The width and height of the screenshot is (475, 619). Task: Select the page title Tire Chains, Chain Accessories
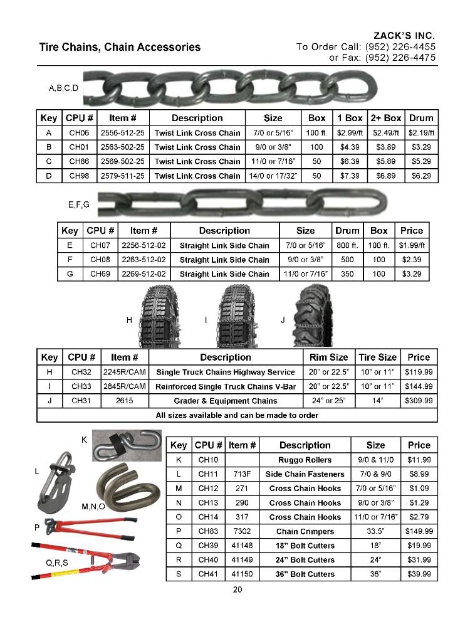coord(120,47)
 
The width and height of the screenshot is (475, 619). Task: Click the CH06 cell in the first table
coord(79,133)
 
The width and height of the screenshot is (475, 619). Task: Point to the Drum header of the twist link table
coord(421,118)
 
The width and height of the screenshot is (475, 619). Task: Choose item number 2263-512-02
coord(144,260)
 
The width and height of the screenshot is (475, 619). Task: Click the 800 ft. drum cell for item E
coord(347,245)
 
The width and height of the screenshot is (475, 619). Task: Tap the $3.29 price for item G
coord(412,274)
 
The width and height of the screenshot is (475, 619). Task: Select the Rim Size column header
coord(329,357)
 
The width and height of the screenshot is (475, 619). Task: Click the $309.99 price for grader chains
coord(419,401)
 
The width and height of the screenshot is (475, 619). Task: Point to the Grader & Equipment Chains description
coord(225,401)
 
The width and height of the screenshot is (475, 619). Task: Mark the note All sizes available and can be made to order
coord(237,415)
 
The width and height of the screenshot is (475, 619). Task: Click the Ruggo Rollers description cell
coord(305,460)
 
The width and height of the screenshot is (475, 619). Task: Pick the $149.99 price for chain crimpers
coord(419,531)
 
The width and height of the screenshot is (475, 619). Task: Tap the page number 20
coord(237,590)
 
